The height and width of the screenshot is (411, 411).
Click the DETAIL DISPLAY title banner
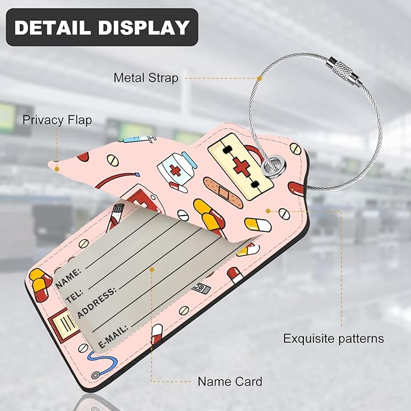click(x=102, y=27)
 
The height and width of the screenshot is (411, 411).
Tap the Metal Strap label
click(x=146, y=78)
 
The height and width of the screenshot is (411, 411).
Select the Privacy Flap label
click(x=57, y=120)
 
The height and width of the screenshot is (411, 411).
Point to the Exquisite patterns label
click(x=334, y=338)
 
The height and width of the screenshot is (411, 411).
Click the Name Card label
click(x=229, y=381)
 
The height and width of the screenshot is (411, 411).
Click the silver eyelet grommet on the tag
click(x=274, y=166)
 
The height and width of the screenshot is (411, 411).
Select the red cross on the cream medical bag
click(x=241, y=166)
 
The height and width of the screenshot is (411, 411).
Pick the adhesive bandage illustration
click(x=223, y=192)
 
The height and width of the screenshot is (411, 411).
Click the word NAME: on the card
click(x=68, y=278)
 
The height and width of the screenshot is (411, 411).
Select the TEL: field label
click(x=74, y=296)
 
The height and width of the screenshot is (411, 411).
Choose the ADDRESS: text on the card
click(x=96, y=303)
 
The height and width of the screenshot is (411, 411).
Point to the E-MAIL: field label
click(x=113, y=337)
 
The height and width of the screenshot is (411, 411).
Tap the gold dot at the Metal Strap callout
click(x=259, y=78)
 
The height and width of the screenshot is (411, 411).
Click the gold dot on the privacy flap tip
click(x=57, y=169)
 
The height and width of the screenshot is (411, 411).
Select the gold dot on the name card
click(x=152, y=269)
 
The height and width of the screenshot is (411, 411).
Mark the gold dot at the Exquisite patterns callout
click(x=268, y=211)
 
